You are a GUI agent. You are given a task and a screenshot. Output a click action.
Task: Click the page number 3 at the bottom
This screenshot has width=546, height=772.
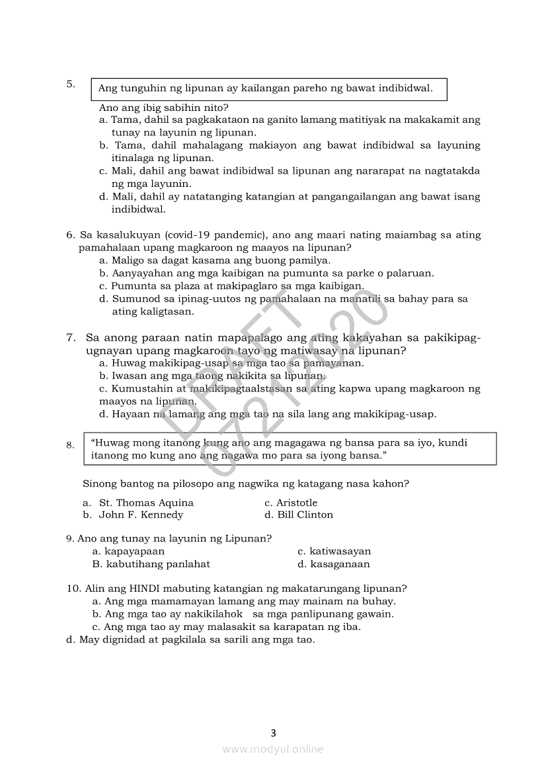click(273, 732)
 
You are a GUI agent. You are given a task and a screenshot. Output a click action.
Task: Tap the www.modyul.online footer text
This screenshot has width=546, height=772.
click(273, 749)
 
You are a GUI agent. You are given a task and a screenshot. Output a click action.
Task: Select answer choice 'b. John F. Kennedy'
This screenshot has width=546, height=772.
click(133, 515)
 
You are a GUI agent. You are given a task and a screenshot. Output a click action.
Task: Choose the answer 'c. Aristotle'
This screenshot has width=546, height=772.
click(291, 503)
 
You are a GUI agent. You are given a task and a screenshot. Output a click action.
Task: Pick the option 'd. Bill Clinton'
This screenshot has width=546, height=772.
click(299, 515)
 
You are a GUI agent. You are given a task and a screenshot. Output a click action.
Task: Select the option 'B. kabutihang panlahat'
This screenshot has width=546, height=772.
click(151, 564)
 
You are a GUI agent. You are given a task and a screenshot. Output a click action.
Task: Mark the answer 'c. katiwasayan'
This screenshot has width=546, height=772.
click(334, 551)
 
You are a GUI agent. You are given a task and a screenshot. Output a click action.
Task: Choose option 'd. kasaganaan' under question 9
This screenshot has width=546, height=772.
click(334, 564)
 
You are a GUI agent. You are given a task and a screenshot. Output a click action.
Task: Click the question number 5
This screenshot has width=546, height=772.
click(70, 84)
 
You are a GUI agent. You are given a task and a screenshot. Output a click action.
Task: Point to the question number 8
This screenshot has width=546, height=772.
click(70, 445)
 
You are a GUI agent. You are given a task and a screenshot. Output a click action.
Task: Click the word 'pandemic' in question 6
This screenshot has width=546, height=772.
click(242, 235)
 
